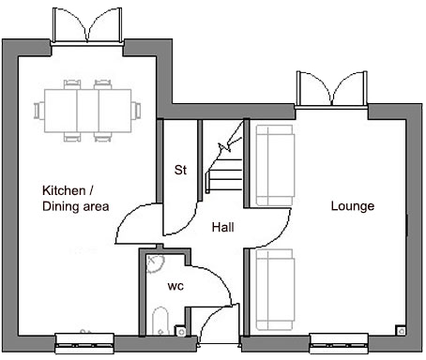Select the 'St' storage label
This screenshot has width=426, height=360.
pos(179,171)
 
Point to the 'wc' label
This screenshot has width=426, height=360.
pos(175,285)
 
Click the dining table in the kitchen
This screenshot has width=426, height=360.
pos(85,109)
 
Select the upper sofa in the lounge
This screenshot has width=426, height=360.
pos(273,165)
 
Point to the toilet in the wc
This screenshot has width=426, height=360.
pos(160,321)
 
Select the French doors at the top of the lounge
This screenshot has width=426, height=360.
pos(330,88)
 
